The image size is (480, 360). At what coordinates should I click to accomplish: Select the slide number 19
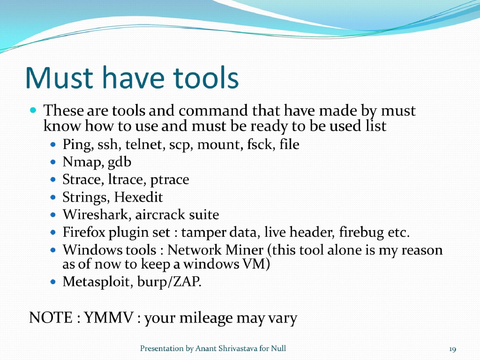[x=452, y=349]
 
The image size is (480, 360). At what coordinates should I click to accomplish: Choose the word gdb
[x=120, y=163]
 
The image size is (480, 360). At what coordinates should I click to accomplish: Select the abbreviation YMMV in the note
[x=109, y=318]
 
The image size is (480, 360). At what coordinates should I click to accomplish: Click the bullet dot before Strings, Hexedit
[x=53, y=198]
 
